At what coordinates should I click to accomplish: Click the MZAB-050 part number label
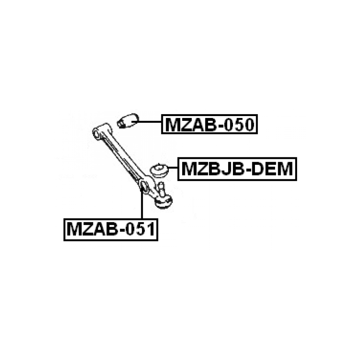coord(209,124)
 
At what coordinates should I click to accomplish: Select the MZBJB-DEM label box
coord(237,169)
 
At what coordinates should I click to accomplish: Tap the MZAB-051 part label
coord(111,230)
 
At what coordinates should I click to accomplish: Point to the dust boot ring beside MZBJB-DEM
coord(159,170)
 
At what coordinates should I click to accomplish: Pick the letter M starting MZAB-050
coord(172,124)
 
